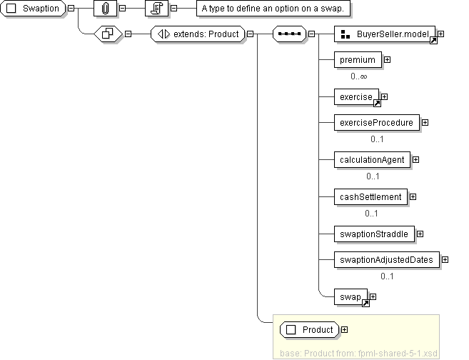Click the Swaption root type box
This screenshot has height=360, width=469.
pyautogui.click(x=34, y=9)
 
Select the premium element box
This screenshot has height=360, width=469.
pyautogui.click(x=358, y=60)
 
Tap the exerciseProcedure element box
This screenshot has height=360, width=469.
pyautogui.click(x=376, y=122)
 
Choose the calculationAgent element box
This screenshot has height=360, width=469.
pyautogui.click(x=372, y=159)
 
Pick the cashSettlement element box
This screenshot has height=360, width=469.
pyautogui.click(x=370, y=196)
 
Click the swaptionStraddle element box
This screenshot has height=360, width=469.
pyautogui.click(x=374, y=234)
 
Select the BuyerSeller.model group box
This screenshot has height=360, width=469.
pyautogui.click(x=385, y=34)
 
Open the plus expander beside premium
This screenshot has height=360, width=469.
pyautogui.click(x=387, y=60)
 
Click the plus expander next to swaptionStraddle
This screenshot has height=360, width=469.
pyautogui.click(x=420, y=234)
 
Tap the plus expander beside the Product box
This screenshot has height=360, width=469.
pyautogui.click(x=345, y=329)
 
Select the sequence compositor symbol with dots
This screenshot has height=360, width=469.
pyautogui.click(x=289, y=34)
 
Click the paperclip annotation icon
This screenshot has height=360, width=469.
pyautogui.click(x=104, y=9)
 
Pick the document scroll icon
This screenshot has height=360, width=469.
pyautogui.click(x=156, y=9)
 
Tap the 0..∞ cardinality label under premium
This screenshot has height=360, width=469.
pyautogui.click(x=359, y=76)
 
